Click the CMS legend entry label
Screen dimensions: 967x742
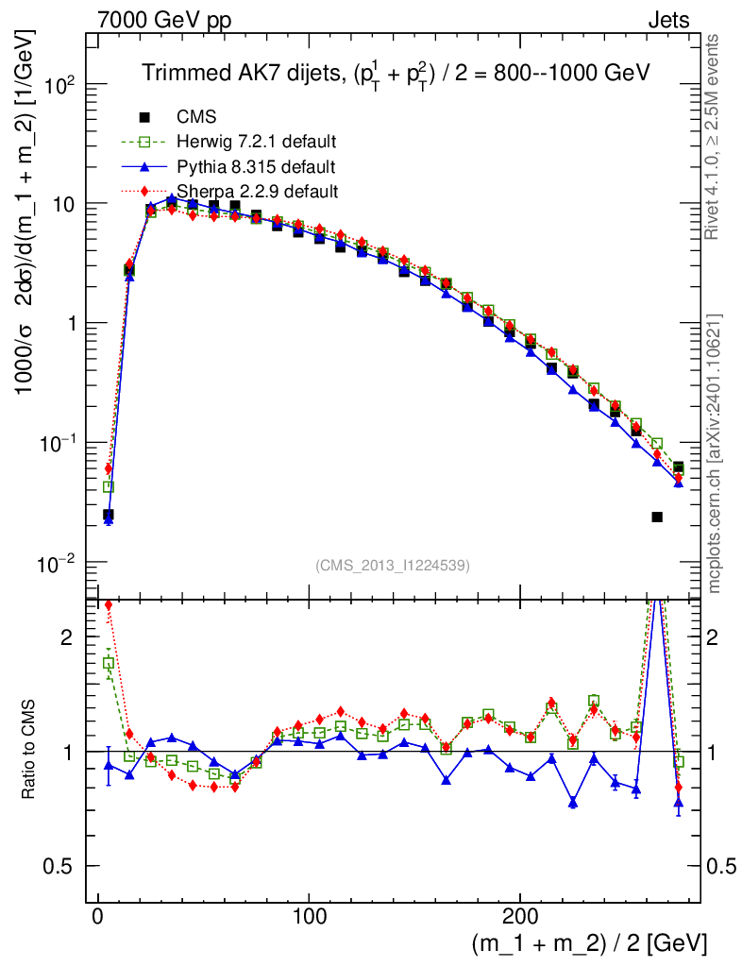[x=196, y=117]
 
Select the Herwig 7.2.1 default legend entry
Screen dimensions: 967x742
[x=256, y=142]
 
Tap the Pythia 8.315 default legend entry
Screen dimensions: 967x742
[x=256, y=167]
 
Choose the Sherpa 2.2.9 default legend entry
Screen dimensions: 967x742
[x=256, y=192]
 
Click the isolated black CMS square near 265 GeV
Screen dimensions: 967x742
[x=657, y=517]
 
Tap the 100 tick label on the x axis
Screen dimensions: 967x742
[x=309, y=917]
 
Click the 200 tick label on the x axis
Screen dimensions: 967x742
[x=519, y=917]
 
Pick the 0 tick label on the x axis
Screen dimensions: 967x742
[x=98, y=917]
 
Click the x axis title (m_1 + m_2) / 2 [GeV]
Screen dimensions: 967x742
[x=588, y=943]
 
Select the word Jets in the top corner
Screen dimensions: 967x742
[x=668, y=19]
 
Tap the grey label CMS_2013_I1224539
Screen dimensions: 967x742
[x=393, y=566]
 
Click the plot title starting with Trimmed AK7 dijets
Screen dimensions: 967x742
[x=396, y=74]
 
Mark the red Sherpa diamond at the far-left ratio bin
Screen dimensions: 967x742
[x=109, y=605]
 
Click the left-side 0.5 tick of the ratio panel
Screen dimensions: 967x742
[x=65, y=866]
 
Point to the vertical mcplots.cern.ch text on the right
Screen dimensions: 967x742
[x=715, y=453]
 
